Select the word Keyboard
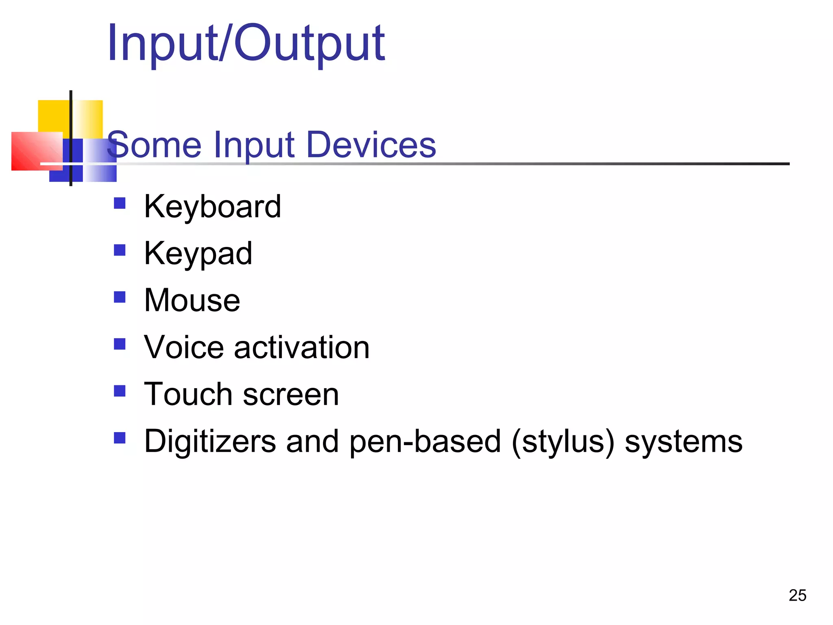point(212,207)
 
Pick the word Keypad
point(198,254)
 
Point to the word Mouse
point(192,301)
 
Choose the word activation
point(301,347)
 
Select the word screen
point(291,394)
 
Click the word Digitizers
point(210,441)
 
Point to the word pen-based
point(425,441)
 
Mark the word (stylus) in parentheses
point(563,441)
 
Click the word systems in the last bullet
point(683,441)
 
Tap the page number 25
point(797,595)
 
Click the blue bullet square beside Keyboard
point(120,203)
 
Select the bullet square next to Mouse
point(120,297)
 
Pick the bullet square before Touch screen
point(120,391)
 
